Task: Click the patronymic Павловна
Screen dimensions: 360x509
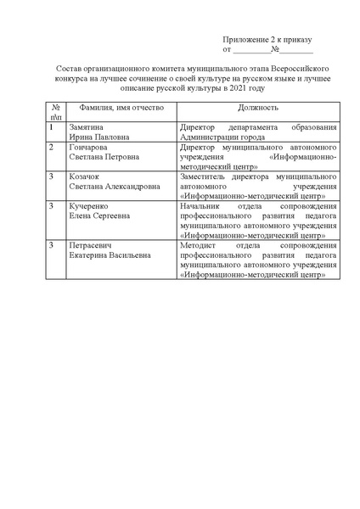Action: point(110,137)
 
